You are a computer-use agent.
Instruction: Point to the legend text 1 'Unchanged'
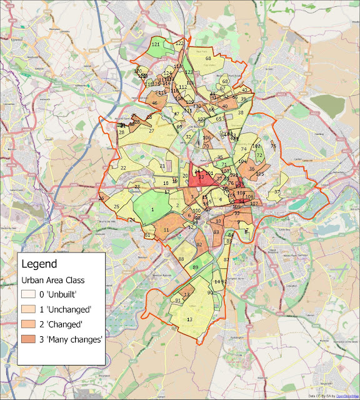(69, 309)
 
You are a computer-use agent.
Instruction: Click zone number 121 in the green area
(156, 46)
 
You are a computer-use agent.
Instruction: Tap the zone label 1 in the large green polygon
(152, 209)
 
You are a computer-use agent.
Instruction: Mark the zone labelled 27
(151, 131)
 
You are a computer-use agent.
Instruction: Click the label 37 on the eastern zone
(277, 191)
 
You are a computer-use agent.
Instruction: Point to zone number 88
(181, 259)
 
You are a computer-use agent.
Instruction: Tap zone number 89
(195, 267)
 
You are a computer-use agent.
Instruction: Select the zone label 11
(166, 230)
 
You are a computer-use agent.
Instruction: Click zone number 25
(116, 207)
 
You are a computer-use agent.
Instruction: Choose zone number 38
(240, 112)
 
